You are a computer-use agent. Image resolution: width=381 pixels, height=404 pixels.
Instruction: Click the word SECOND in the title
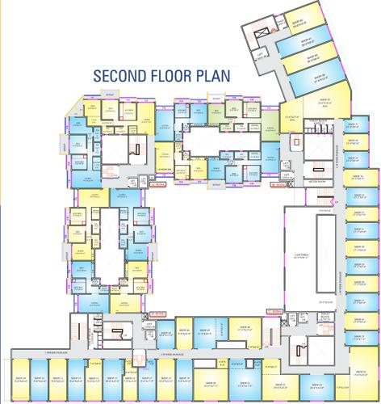pyautogui.click(x=118, y=75)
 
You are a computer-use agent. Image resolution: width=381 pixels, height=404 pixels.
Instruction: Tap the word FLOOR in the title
pyautogui.click(x=174, y=75)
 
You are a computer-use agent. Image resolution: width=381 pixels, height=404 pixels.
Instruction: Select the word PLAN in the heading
pyautogui.click(x=214, y=75)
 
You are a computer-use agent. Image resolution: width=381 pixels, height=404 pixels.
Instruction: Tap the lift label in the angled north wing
pyautogui.click(x=260, y=55)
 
